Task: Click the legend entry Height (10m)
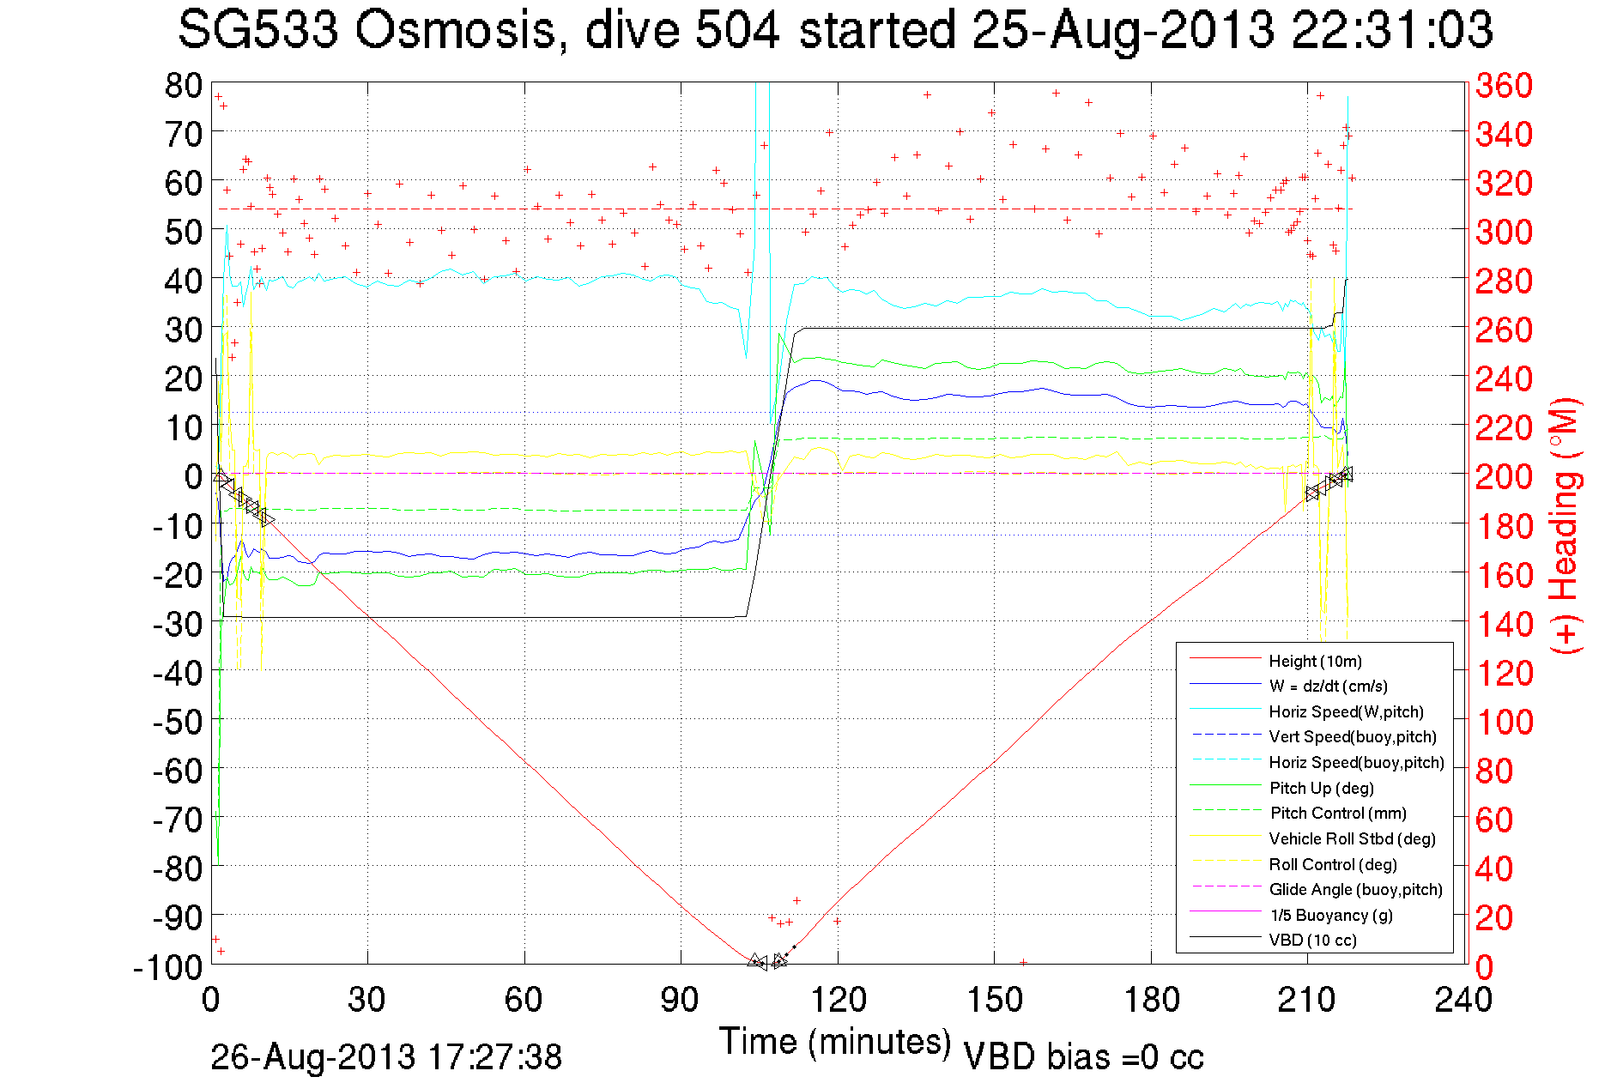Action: pos(1315,661)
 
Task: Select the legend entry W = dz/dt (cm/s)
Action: pos(1328,687)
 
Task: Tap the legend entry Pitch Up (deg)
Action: pos(1321,788)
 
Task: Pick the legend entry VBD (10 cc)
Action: pos(1312,941)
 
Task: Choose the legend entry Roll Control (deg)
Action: pos(1332,864)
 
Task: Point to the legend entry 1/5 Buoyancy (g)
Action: pos(1331,915)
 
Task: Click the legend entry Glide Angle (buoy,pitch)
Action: pos(1355,890)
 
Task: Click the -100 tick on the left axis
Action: pos(167,966)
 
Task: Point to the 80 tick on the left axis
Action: pos(183,85)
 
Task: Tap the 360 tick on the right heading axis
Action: pos(1504,85)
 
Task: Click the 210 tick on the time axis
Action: pos(1306,1000)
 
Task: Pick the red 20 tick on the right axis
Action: pos(1493,917)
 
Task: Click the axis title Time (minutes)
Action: pos(834,1042)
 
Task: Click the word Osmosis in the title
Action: pos(456,31)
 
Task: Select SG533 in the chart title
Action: pos(257,31)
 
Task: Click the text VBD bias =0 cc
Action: pos(1083,1057)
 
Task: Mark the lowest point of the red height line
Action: pos(760,965)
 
